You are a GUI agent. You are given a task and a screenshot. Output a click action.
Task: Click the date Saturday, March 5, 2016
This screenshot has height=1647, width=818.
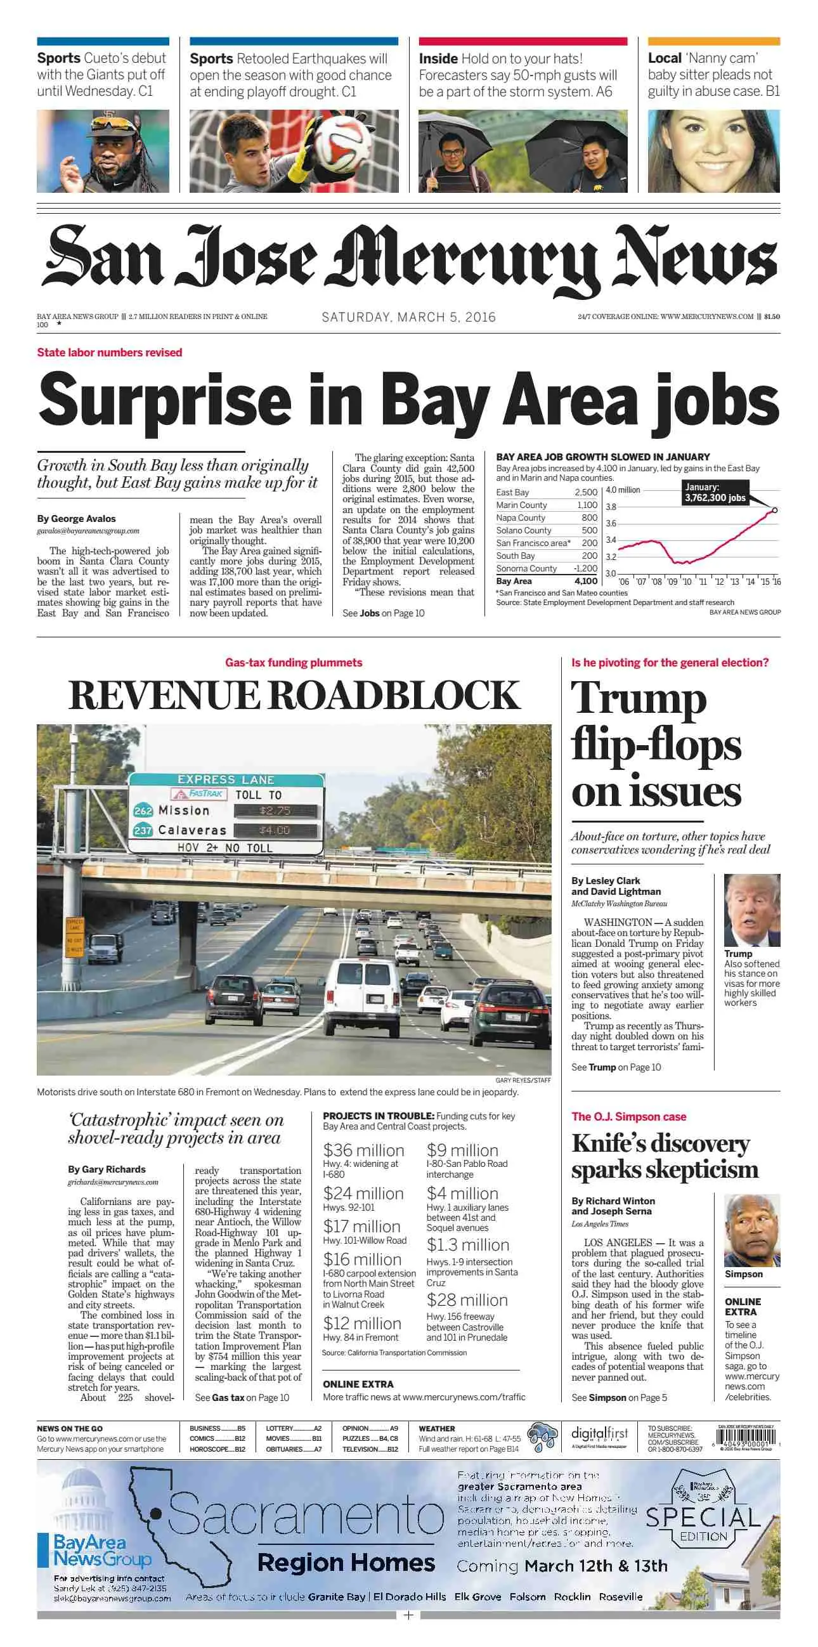(408, 317)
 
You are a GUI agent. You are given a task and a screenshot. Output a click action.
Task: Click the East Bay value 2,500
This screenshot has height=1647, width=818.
(585, 492)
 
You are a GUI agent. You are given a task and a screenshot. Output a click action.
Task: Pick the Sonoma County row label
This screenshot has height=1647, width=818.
(526, 568)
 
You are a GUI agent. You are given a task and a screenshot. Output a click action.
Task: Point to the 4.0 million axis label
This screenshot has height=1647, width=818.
(623, 490)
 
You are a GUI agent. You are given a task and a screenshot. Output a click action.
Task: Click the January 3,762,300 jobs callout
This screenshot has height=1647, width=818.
(715, 493)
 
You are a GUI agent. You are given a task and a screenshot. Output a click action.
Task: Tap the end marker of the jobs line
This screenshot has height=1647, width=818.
(774, 511)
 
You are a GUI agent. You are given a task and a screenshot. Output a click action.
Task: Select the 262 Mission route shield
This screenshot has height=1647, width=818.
(143, 810)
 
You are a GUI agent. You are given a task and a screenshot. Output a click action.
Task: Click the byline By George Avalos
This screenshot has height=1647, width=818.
(76, 519)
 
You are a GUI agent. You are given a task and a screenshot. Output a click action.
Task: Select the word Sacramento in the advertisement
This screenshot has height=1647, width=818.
(306, 1516)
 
